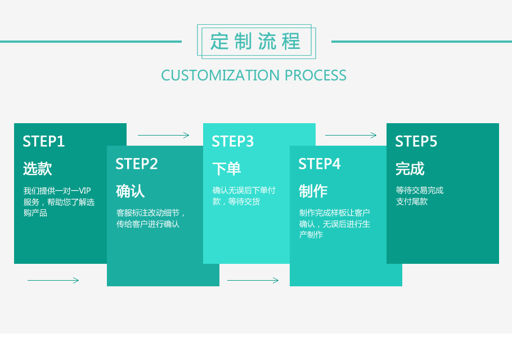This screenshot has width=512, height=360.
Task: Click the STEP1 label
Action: click(44, 141)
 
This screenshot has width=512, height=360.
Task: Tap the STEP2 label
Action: click(137, 164)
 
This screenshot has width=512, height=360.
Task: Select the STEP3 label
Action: click(233, 141)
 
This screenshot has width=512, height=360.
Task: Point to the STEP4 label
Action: click(320, 164)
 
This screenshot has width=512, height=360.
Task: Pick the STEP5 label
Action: click(416, 141)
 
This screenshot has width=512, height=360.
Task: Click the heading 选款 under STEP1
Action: click(38, 169)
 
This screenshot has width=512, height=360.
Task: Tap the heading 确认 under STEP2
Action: click(131, 191)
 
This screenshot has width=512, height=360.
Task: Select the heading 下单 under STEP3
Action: click(227, 169)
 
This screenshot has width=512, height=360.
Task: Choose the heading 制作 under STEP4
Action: click(313, 191)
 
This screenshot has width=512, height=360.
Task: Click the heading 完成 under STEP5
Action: click(410, 169)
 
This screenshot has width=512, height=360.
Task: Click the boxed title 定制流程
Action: click(256, 42)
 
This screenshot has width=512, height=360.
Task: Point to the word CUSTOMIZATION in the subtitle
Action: click(220, 75)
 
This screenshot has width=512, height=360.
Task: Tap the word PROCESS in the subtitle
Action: click(316, 75)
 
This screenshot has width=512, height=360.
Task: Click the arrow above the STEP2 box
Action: click(164, 135)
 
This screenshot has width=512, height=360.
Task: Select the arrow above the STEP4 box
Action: click(351, 135)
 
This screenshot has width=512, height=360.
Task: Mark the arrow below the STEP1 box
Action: click(53, 280)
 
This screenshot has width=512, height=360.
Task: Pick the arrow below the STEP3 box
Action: click(253, 280)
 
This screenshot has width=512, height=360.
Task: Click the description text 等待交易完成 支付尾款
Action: click(420, 196)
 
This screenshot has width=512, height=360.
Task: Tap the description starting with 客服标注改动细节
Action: click(151, 218)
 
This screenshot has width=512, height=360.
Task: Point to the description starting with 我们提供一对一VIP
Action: click(59, 202)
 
